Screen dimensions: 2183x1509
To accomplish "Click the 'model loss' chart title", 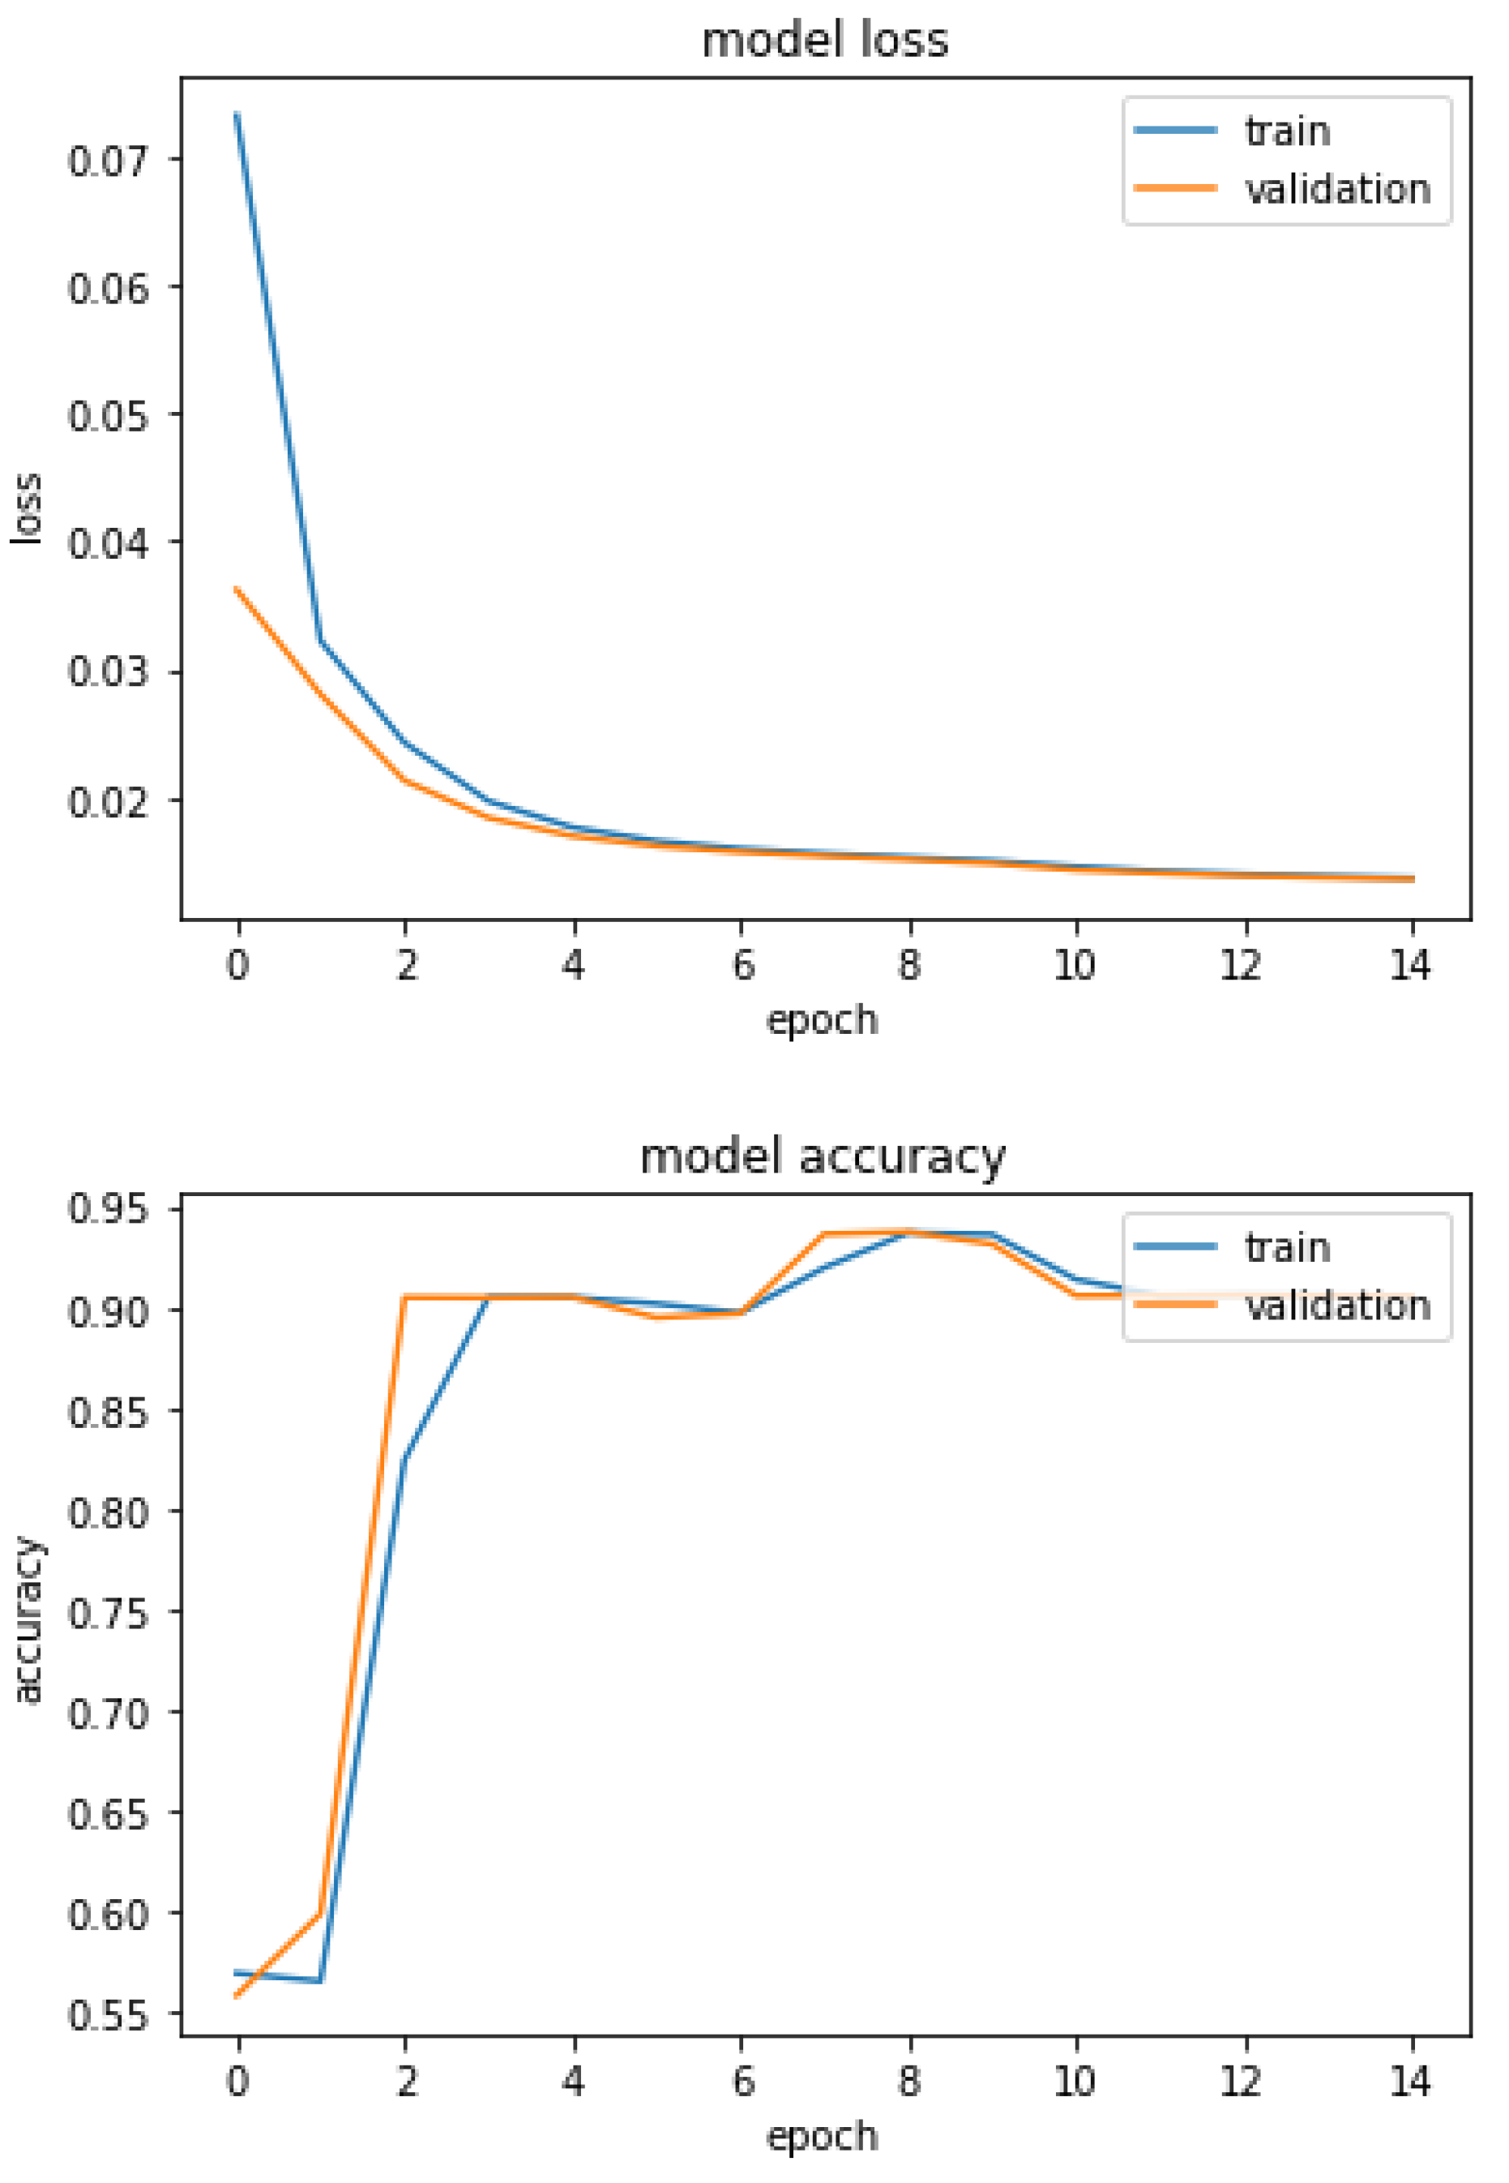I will point(824,41).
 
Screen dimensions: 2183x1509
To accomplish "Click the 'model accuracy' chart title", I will point(823,1156).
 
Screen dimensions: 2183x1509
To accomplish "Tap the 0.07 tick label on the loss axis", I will point(109,160).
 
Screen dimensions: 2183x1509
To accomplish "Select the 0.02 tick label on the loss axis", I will point(109,801).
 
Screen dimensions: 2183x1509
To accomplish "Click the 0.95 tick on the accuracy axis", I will point(109,1209).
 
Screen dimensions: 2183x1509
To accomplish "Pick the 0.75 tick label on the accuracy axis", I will point(109,1613).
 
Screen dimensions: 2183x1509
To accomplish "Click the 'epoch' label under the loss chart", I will point(822,1019).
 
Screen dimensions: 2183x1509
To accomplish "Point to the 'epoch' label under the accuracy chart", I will point(822,2136).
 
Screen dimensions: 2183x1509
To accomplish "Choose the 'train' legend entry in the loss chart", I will point(1287,131).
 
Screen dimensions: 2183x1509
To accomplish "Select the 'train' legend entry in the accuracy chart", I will point(1287,1247).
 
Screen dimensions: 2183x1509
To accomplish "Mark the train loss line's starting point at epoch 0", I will point(237,114).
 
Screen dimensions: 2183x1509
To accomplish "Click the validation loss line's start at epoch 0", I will point(237,590).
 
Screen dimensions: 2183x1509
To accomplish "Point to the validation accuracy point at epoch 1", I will point(322,1914).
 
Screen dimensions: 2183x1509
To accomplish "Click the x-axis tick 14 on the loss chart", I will point(1411,966).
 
